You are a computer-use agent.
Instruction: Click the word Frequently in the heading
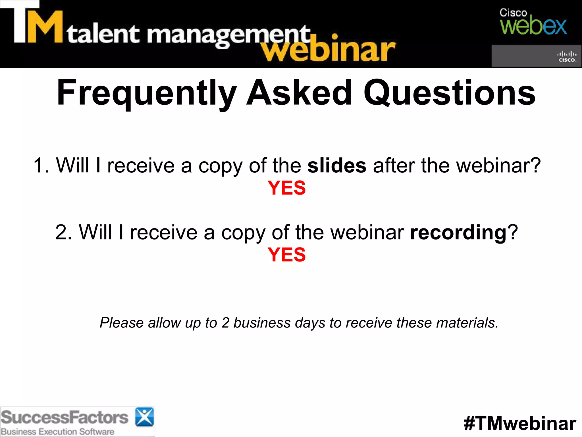147,93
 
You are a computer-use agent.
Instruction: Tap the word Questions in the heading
450,93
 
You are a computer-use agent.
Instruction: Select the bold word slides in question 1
337,165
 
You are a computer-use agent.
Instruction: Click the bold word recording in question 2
458,232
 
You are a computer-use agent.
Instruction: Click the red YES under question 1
286,188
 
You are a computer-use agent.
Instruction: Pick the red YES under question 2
286,255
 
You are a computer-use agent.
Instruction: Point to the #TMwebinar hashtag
520,423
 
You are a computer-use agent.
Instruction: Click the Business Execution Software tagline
58,432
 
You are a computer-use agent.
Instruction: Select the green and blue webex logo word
533,26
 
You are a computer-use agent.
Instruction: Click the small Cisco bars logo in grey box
566,56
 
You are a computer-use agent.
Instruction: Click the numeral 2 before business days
225,323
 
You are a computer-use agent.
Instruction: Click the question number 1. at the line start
41,165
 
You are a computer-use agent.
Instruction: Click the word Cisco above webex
513,13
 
